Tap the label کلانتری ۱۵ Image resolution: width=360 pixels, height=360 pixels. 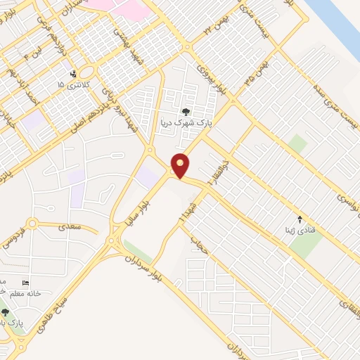(x=70, y=84)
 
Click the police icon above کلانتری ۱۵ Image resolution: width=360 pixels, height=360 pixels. (x=73, y=74)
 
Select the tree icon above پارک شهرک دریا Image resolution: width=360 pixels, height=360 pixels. (x=185, y=111)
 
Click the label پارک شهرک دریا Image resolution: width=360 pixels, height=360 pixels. (x=185, y=122)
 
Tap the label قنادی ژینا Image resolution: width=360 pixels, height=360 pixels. (x=300, y=229)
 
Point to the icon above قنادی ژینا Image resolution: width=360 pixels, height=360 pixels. (x=300, y=219)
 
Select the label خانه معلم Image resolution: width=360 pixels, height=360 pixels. (x=22, y=293)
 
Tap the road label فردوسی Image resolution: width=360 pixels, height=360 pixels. (x=21, y=230)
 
